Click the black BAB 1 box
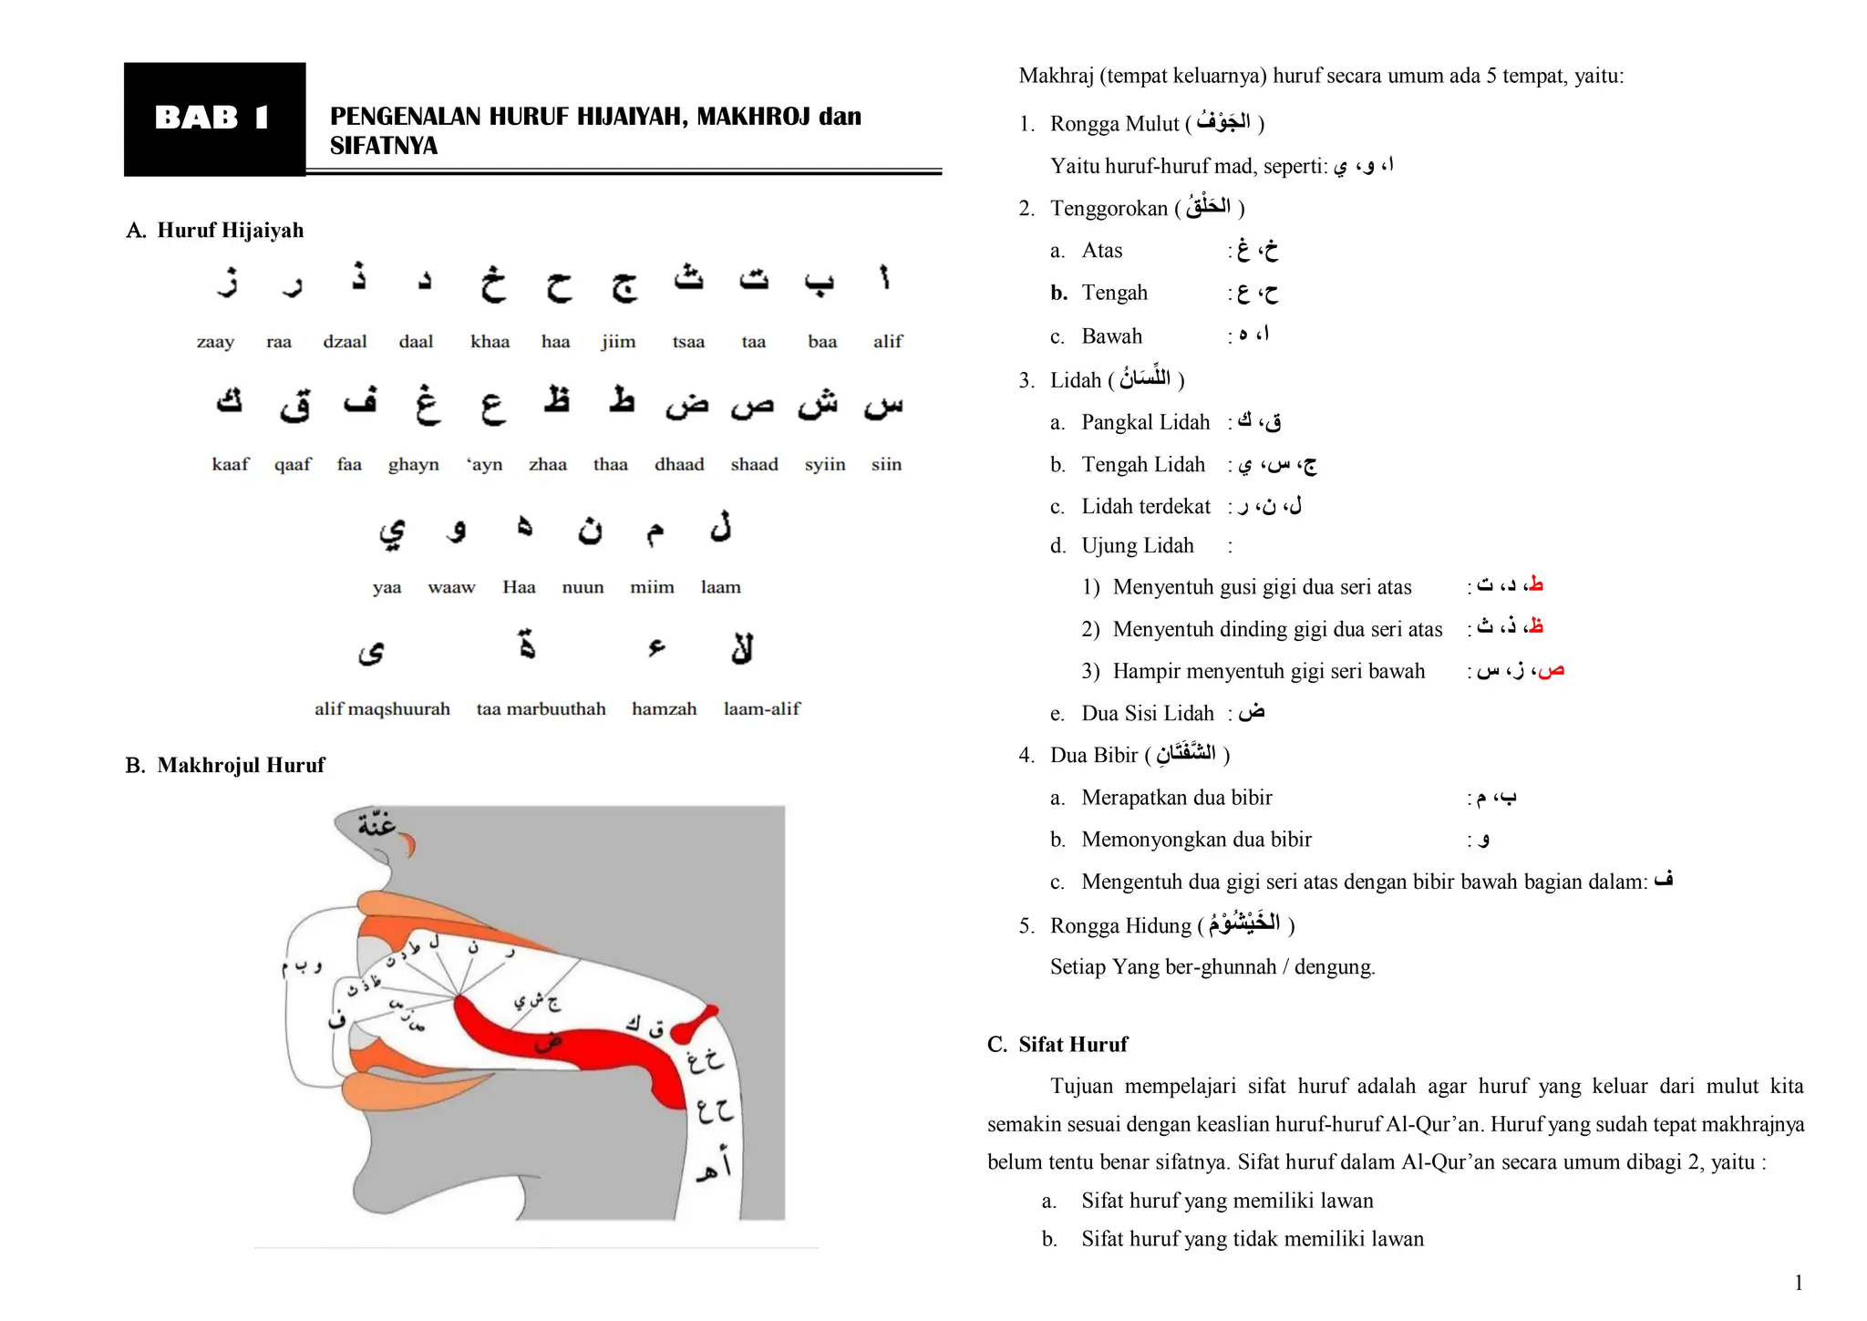[x=214, y=119]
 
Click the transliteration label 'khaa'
[x=490, y=342]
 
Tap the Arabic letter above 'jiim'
[x=624, y=285]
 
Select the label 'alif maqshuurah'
[x=382, y=709]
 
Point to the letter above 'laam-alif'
[x=742, y=648]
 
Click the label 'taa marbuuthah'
[x=541, y=709]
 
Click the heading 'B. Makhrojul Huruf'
[x=225, y=765]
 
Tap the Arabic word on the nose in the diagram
[x=376, y=824]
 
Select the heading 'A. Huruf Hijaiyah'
[x=215, y=230]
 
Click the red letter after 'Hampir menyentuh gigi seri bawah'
[x=1550, y=671]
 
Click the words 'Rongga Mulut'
[x=1114, y=124]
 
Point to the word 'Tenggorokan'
[x=1109, y=209]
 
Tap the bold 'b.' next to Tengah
[x=1058, y=293]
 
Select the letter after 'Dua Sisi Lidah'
[x=1252, y=712]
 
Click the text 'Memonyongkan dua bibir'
[x=1196, y=840]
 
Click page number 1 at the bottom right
[x=1798, y=1283]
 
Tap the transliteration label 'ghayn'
[x=413, y=465]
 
